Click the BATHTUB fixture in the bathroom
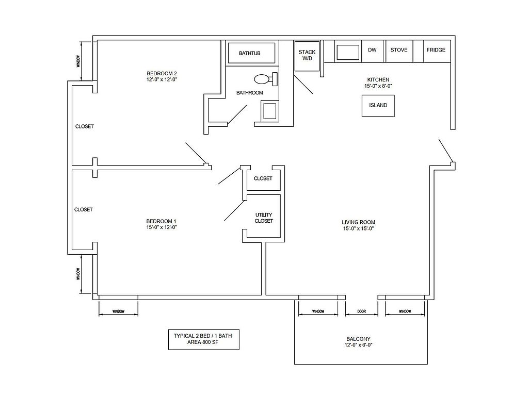point(251,53)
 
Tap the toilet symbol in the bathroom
point(266,79)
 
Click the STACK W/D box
point(307,56)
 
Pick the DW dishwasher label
point(372,50)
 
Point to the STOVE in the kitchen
point(399,51)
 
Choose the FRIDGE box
point(437,51)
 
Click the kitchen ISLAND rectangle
point(378,106)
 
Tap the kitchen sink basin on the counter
point(348,52)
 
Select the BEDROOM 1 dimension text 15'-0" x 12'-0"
point(162,227)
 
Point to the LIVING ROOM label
point(359,222)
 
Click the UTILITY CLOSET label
point(264,218)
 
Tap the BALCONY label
point(358,339)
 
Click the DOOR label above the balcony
point(361,311)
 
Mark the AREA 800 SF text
point(203,342)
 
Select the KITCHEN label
point(378,80)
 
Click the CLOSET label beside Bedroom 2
point(85,126)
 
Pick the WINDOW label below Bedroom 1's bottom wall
point(118,311)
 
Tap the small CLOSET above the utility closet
point(263,178)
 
